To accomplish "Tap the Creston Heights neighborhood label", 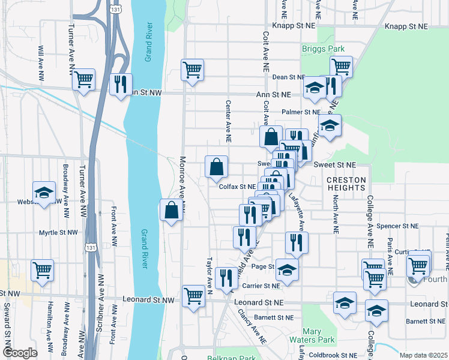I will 346,184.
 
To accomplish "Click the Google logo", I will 20,353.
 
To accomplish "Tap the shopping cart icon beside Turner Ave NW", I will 83,79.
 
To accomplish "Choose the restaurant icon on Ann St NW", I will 122,85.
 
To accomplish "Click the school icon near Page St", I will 288,271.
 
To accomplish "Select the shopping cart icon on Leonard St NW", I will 193,296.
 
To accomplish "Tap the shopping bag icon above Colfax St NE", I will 216,167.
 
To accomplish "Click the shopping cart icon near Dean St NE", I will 341,67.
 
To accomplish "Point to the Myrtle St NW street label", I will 58,232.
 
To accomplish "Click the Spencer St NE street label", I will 398,226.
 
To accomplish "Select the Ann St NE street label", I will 273,95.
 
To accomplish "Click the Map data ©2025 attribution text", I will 423,355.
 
